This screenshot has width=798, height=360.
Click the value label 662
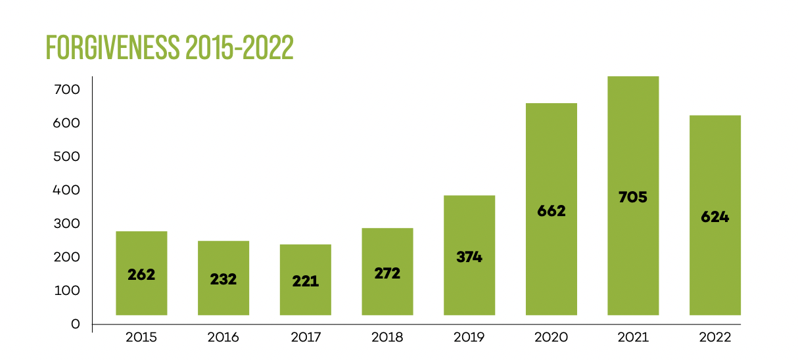(x=552, y=212)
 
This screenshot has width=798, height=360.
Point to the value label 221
(x=306, y=281)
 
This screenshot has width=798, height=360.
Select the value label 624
(x=715, y=216)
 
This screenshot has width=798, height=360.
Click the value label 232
(x=223, y=279)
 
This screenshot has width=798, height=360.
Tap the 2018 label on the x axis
(x=387, y=338)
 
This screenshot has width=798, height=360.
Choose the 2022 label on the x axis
(x=715, y=338)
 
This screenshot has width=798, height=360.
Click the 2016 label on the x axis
(x=223, y=338)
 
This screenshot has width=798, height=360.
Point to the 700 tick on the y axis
(x=66, y=89)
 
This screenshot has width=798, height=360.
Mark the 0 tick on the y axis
(x=75, y=324)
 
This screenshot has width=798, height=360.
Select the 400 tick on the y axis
(x=66, y=190)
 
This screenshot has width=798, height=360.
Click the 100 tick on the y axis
(x=66, y=290)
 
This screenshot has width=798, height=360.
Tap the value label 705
(x=633, y=196)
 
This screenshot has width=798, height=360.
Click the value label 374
(x=469, y=257)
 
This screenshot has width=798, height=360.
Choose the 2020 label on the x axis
(x=552, y=338)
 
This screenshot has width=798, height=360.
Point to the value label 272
(x=387, y=273)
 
